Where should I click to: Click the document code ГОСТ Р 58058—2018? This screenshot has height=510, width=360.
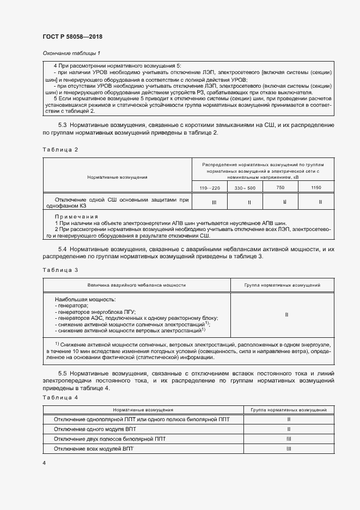coord(72,37)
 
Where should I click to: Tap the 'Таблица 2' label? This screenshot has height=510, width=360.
coord(60,149)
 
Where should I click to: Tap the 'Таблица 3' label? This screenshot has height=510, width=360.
coord(60,270)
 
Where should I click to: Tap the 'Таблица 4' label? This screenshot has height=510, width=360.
coord(60,398)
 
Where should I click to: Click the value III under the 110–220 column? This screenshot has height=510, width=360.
coord(213,202)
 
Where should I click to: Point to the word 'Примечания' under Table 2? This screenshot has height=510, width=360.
coord(76,216)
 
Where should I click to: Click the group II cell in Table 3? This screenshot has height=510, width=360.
coord(286,314)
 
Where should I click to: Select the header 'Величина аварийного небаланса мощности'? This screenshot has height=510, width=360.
coord(137,285)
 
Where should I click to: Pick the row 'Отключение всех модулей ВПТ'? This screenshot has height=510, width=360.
coord(93,448)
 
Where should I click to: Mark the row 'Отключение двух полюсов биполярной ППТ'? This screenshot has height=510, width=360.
coord(110,439)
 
